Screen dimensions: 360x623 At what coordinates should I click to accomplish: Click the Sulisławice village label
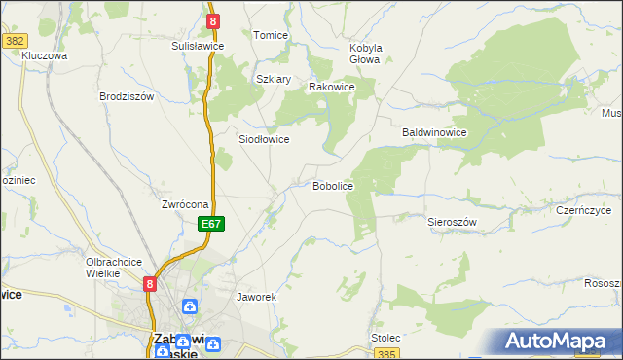pos(198,46)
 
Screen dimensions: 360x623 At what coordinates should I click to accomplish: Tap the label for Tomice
pos(271,35)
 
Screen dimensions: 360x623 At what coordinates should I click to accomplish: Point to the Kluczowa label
pos(44,56)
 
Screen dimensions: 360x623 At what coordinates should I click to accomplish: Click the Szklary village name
pos(274,79)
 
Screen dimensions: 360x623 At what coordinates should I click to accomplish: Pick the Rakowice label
pos(331,87)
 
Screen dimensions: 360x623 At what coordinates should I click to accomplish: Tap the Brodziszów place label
pos(128,96)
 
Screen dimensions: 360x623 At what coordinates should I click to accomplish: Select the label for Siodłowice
pos(264,139)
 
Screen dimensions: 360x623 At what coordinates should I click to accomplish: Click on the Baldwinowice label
pos(436,131)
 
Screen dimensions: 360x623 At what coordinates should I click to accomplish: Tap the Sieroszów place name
pos(452,222)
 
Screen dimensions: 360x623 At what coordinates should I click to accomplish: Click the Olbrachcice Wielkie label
pos(115,268)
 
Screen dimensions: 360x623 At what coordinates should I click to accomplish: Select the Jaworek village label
pos(258,296)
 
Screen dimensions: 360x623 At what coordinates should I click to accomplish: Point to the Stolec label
pos(385,338)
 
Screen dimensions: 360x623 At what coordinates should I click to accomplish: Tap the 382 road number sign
pos(15,41)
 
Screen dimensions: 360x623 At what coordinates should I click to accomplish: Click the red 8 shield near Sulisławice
pos(213,19)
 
